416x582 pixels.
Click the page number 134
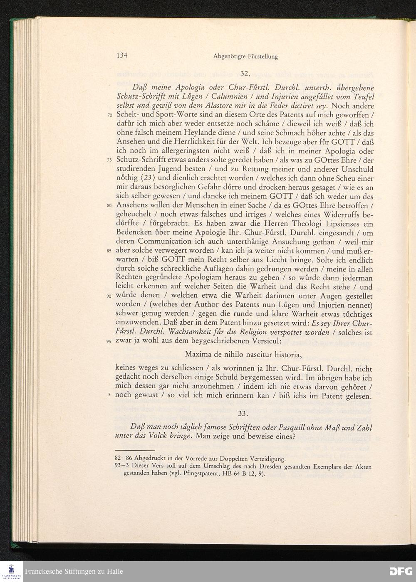[x=121, y=55]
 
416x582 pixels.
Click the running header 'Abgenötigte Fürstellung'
[x=245, y=56]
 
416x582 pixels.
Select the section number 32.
[x=245, y=74]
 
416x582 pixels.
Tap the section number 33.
[x=244, y=413]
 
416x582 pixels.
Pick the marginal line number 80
[x=110, y=206]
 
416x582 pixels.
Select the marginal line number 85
[x=110, y=252]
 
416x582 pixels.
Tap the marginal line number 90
[x=110, y=297]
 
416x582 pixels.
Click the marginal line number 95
[x=110, y=342]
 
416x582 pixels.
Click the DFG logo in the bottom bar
[x=400, y=571]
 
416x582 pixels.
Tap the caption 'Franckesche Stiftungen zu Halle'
[x=74, y=572]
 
